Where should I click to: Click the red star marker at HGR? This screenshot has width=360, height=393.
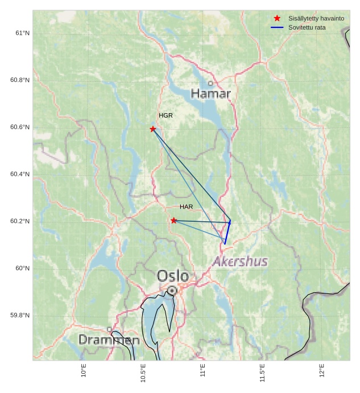coord(153,129)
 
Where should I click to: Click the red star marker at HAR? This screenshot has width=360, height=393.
coord(173,221)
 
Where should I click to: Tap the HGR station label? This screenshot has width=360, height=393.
coord(165,115)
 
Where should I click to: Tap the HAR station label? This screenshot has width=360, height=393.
coord(187,206)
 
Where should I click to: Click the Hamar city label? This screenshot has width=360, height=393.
coord(211,93)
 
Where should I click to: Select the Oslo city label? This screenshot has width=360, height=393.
coord(173,276)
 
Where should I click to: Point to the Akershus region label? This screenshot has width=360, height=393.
coord(240,262)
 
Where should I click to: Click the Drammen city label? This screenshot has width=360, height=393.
coord(109,340)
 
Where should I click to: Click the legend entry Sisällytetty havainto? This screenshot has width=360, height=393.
coord(316,18)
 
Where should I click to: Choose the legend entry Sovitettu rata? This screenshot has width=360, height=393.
coord(307,27)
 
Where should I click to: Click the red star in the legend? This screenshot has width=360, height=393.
coord(277,18)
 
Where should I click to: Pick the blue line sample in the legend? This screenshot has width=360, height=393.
coord(277,27)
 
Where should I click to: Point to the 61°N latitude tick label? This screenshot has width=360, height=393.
coord(22,33)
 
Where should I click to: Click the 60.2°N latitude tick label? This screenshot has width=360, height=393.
coord(20,221)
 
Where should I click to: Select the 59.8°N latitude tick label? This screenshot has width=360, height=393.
coord(20,316)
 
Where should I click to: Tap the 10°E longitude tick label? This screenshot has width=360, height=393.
coord(84,371)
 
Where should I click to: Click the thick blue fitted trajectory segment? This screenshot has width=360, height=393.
coord(227,233)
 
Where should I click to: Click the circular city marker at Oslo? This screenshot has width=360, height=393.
coord(172,291)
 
